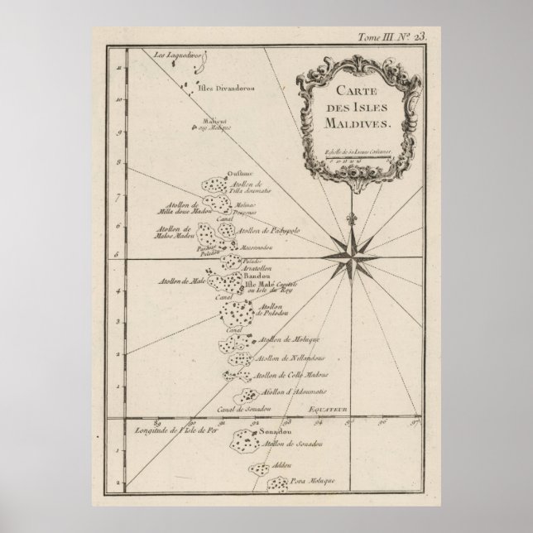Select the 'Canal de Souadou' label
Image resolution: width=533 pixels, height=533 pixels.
pyautogui.click(x=223, y=410)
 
